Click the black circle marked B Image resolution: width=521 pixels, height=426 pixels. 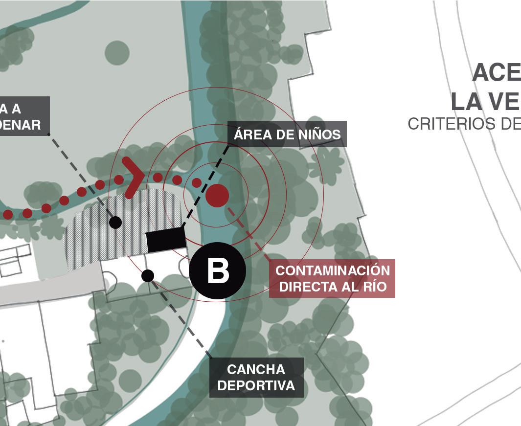(217, 270)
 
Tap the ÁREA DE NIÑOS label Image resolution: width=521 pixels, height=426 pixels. (287, 134)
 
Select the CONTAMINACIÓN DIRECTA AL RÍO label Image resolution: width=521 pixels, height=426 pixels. (332, 278)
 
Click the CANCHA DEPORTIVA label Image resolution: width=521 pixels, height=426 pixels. (256, 377)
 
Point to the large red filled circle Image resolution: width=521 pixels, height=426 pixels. (217, 195)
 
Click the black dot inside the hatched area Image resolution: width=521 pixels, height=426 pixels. (115, 223)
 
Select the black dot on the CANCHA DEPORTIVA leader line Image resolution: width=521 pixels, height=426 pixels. (148, 276)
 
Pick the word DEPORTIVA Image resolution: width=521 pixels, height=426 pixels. (256, 385)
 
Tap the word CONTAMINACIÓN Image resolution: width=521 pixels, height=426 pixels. (333, 270)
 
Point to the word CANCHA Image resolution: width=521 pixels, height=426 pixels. (256, 369)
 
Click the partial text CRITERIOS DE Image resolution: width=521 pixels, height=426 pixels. (464, 124)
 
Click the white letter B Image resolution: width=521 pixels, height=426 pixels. (218, 271)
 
